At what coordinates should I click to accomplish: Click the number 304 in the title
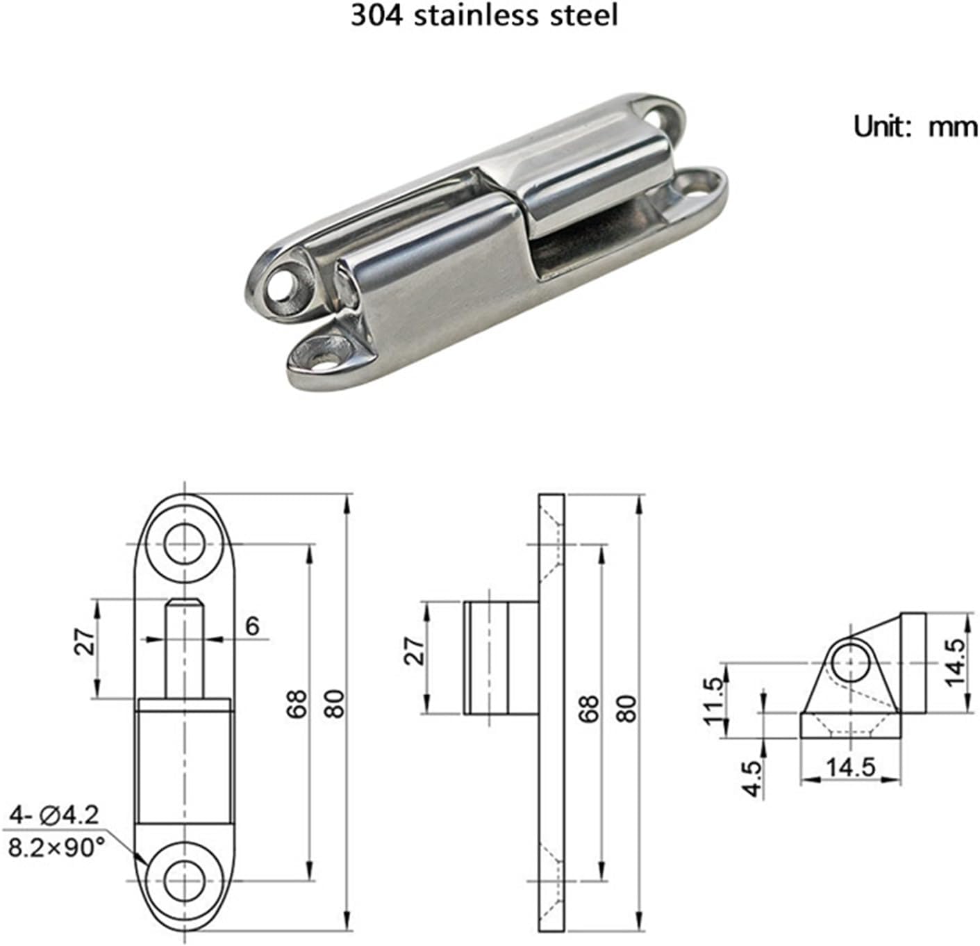(x=376, y=16)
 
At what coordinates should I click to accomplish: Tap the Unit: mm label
(x=915, y=127)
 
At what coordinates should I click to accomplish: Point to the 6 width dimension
(x=252, y=626)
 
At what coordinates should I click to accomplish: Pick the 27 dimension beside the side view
(x=415, y=651)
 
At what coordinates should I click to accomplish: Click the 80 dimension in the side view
(x=626, y=706)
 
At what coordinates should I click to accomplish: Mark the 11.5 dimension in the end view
(x=715, y=701)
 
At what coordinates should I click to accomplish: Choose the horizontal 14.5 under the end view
(x=850, y=767)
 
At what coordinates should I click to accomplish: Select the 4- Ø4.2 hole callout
(x=55, y=814)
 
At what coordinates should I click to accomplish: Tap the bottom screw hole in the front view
(x=185, y=881)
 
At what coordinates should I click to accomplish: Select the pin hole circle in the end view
(x=852, y=662)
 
